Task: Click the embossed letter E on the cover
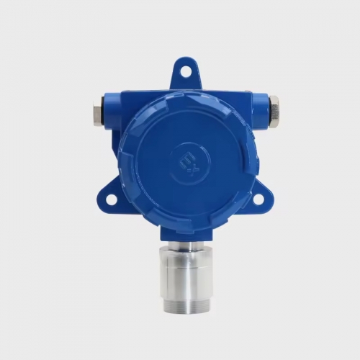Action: pos(186,161)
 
